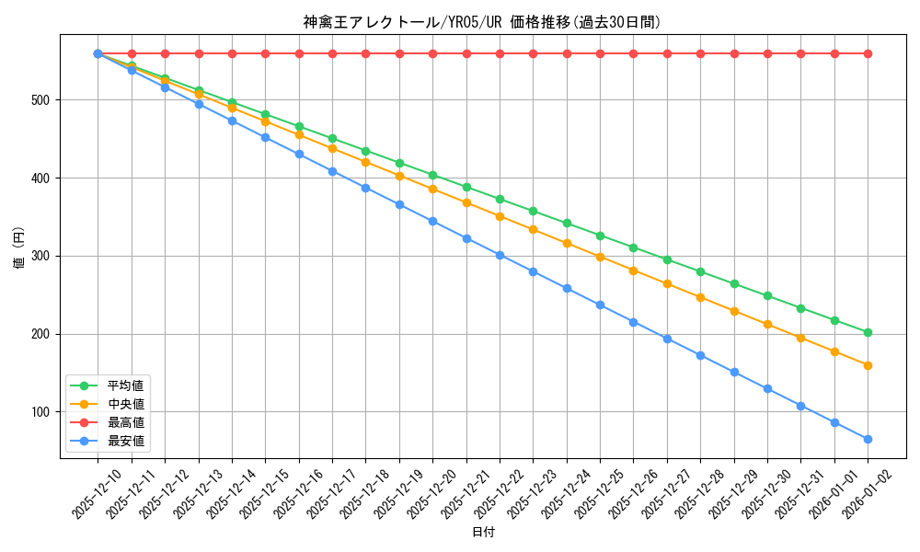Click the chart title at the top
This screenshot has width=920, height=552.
click(482, 22)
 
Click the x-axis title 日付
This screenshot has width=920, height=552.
click(483, 533)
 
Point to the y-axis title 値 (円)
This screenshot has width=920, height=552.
click(19, 248)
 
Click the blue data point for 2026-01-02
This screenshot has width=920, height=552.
click(868, 439)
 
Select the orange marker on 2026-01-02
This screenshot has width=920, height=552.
click(868, 365)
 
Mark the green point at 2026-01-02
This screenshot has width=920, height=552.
click(868, 332)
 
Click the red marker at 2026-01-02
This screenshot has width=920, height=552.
click(868, 53)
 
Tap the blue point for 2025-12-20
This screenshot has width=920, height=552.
click(432, 221)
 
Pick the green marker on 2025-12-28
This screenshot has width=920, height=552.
click(700, 271)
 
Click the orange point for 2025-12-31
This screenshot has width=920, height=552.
click(800, 338)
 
